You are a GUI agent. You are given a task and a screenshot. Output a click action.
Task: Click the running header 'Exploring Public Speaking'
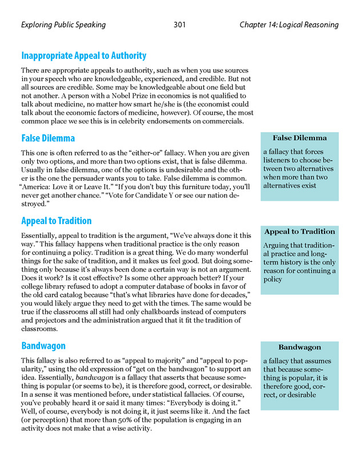(63, 25)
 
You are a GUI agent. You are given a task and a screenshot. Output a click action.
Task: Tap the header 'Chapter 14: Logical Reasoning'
(289, 25)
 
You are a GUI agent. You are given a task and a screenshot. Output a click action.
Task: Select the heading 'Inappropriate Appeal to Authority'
(84, 55)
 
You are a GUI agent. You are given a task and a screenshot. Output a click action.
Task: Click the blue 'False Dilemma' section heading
(48, 138)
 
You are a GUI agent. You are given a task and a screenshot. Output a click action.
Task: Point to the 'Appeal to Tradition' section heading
(56, 221)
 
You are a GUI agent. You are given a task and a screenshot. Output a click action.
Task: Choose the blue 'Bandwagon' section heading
(43, 346)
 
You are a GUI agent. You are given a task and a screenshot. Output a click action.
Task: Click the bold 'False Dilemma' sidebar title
(299, 138)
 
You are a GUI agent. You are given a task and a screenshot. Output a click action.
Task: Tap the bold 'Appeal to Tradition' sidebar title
(299, 232)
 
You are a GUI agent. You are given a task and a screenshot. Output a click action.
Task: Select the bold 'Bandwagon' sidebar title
(299, 347)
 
